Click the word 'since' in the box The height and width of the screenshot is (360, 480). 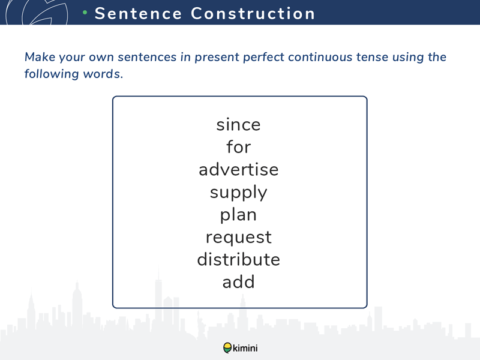tap(238, 125)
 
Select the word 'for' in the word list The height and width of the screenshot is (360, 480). tap(238, 146)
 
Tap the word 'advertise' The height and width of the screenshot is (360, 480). tap(238, 170)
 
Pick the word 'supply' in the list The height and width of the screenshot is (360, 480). tap(238, 193)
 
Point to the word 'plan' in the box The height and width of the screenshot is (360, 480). tap(238, 215)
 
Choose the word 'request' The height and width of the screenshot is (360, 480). tap(238, 238)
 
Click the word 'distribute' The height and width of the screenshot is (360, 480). tap(238, 259)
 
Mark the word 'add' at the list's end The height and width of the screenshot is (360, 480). tap(238, 282)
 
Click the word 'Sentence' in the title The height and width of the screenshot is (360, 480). tap(139, 13)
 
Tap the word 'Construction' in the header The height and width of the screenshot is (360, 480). tap(253, 13)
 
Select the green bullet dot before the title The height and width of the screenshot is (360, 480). tap(85, 12)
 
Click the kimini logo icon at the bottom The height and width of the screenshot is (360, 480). tap(227, 348)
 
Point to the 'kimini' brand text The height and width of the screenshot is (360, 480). tap(245, 348)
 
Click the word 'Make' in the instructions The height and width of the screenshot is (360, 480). tap(40, 57)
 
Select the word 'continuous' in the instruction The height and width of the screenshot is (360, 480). tap(320, 57)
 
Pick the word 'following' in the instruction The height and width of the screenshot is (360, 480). tap(52, 74)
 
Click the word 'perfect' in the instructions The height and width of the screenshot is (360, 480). tap(263, 58)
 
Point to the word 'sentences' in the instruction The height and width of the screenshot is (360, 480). tap(147, 57)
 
